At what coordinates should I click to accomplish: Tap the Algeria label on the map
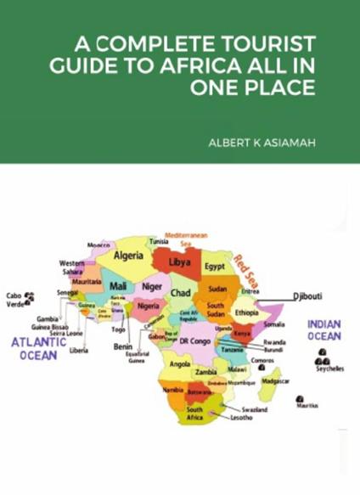point(129,256)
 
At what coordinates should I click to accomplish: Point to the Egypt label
point(214,267)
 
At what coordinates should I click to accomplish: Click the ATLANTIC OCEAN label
point(39,347)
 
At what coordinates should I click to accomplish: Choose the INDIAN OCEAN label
point(323,330)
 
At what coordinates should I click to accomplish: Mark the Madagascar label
point(275,381)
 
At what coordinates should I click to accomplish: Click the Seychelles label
point(329,369)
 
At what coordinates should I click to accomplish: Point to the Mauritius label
point(307,406)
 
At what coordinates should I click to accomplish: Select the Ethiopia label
point(247,312)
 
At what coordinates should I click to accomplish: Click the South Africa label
point(194,413)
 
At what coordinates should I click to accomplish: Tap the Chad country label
point(180,293)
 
